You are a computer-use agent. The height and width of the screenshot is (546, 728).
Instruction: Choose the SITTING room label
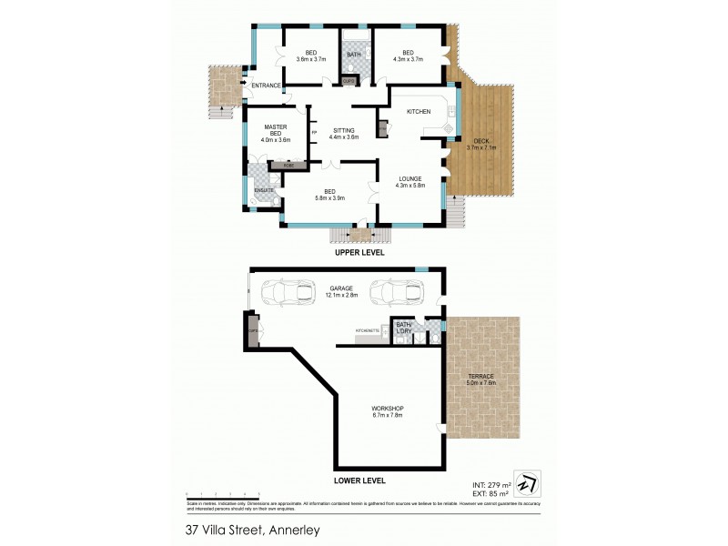(x=344, y=130)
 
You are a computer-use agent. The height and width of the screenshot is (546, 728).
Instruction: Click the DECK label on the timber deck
(x=480, y=141)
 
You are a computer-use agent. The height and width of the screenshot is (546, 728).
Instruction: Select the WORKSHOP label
(x=388, y=408)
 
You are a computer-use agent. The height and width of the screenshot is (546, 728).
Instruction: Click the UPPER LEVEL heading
(x=359, y=253)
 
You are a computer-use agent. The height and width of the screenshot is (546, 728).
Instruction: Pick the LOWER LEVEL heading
(x=359, y=480)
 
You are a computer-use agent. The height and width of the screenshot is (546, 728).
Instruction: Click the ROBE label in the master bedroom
(x=288, y=167)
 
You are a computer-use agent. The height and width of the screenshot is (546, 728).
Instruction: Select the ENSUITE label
(x=264, y=189)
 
